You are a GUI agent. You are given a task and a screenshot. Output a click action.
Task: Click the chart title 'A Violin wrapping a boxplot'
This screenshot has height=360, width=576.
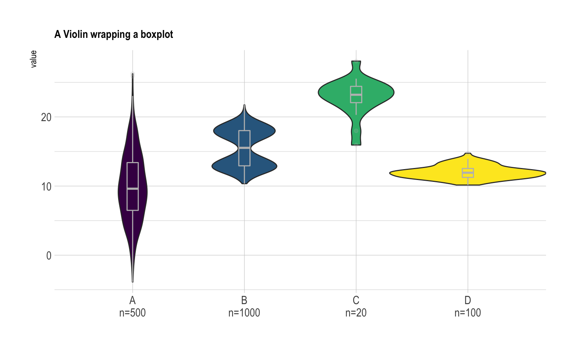(x=114, y=34)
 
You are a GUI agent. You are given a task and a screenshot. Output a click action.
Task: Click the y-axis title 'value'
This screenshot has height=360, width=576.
(x=34, y=59)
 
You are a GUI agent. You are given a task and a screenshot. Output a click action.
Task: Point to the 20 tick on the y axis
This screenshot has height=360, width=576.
(x=46, y=117)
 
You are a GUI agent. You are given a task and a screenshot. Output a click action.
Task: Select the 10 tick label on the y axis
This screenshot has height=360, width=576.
(x=46, y=186)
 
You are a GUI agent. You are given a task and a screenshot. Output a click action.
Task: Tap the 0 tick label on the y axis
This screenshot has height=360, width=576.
(x=49, y=256)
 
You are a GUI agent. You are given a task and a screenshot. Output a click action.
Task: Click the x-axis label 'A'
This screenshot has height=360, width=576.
(x=132, y=300)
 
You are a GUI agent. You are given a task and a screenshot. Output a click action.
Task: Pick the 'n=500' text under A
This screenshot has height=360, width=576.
(x=132, y=313)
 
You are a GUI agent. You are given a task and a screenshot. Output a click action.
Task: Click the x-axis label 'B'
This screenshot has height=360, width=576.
(x=244, y=300)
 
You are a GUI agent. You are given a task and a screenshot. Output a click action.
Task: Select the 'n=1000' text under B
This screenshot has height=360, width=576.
(x=244, y=313)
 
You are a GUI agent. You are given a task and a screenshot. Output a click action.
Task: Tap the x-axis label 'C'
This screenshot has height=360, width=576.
(x=356, y=300)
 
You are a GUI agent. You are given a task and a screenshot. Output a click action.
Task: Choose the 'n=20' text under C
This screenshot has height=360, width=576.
(x=356, y=313)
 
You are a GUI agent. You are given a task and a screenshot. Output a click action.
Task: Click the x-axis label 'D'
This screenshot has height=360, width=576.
(x=468, y=300)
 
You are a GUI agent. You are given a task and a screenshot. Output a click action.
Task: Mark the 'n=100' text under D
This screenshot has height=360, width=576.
(x=468, y=313)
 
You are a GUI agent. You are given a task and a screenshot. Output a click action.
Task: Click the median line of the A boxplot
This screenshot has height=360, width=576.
(x=132, y=189)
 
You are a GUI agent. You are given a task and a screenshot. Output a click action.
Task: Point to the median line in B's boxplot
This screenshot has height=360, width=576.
(x=244, y=148)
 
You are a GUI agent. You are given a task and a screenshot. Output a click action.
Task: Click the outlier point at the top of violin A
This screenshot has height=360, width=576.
(x=133, y=75)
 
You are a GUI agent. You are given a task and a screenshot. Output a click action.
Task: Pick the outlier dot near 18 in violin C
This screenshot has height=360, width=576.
(x=356, y=131)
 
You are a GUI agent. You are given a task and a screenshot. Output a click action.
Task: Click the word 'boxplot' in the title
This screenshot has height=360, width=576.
(x=157, y=34)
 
